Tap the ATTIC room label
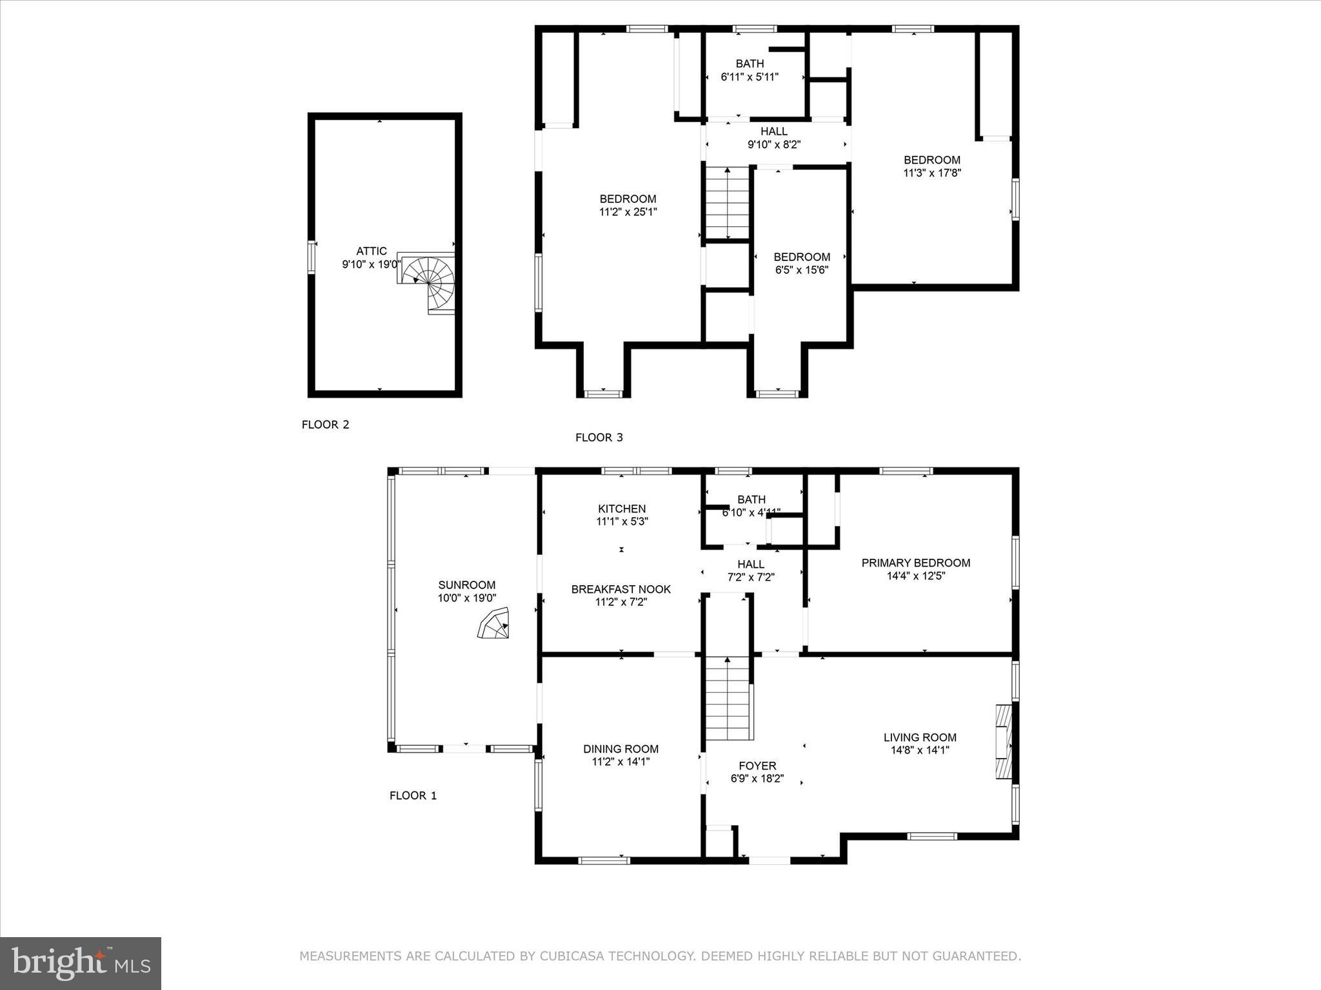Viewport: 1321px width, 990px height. pos(372,251)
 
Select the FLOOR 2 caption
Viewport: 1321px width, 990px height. pos(325,425)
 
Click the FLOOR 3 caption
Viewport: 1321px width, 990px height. pos(599,438)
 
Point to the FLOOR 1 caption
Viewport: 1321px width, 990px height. pos(413,795)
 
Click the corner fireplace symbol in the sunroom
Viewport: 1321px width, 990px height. pos(493,624)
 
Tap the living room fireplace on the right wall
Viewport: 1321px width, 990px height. pos(1003,741)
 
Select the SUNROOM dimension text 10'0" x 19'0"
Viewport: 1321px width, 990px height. pos(466,598)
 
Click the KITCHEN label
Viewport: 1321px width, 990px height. pos(621,509)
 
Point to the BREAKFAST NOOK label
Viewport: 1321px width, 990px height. pos(621,589)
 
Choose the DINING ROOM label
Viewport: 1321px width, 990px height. pos(621,749)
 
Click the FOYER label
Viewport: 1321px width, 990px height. pos(757,766)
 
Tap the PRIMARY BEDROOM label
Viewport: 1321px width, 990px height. pos(915,563)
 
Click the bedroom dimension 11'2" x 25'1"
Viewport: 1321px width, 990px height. pos(628,212)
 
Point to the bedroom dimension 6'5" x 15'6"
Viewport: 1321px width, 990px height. pos(801,270)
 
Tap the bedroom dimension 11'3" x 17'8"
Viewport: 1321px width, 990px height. pos(931,173)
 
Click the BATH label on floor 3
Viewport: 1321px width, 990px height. pos(750,64)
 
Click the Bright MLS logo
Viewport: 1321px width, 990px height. pos(81,964)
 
